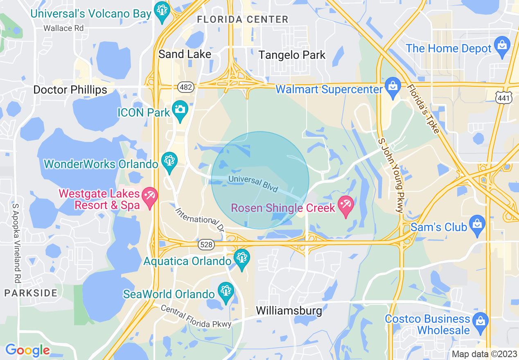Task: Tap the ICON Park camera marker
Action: coord(180,110)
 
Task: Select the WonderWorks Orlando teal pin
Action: coord(169,161)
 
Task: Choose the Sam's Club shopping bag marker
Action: coord(477,225)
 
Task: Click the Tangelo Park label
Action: coord(292,55)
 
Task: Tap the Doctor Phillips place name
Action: coord(70,90)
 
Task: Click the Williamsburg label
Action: coord(289,310)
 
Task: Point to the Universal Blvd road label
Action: coord(253,184)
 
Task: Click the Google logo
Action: coord(27,350)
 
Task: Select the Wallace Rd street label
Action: coord(63,28)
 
